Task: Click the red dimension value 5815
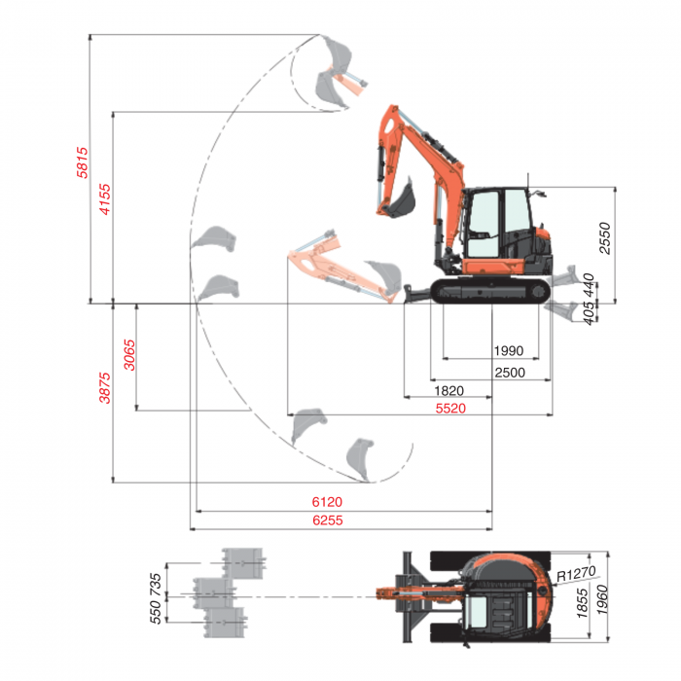83,162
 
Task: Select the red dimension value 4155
106,197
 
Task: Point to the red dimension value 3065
129,356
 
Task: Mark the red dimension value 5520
450,409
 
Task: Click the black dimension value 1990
508,351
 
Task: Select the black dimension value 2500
509,373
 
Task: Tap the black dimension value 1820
448,391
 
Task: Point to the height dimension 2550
605,238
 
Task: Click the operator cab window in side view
484,214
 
